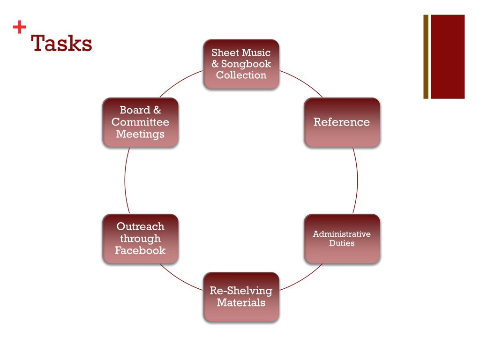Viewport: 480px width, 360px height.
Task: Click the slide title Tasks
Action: coord(61,44)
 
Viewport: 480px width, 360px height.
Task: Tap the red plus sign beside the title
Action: coord(19,28)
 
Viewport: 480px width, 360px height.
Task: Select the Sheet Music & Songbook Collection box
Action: coord(241,64)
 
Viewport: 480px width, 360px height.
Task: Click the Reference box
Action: coord(342,122)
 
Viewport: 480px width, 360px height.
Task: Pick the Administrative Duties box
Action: coord(342,239)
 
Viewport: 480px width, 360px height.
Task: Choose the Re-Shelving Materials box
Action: coord(241,297)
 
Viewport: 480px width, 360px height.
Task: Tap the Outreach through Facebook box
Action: coord(140,239)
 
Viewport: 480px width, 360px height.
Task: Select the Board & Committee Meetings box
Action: coord(140,122)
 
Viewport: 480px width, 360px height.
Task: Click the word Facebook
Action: coord(140,250)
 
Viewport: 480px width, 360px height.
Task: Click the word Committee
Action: coord(140,122)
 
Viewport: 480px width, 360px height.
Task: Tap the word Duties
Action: coord(342,243)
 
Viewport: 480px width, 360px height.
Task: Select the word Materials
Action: coord(241,303)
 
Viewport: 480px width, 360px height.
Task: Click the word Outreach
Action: coord(140,227)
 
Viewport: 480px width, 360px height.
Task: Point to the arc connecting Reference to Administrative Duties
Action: coord(357,180)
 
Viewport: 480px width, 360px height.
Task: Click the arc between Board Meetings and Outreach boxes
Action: coord(125,180)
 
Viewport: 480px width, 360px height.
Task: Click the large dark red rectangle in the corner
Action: coord(447,57)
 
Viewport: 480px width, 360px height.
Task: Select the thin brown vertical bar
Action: coord(426,57)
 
